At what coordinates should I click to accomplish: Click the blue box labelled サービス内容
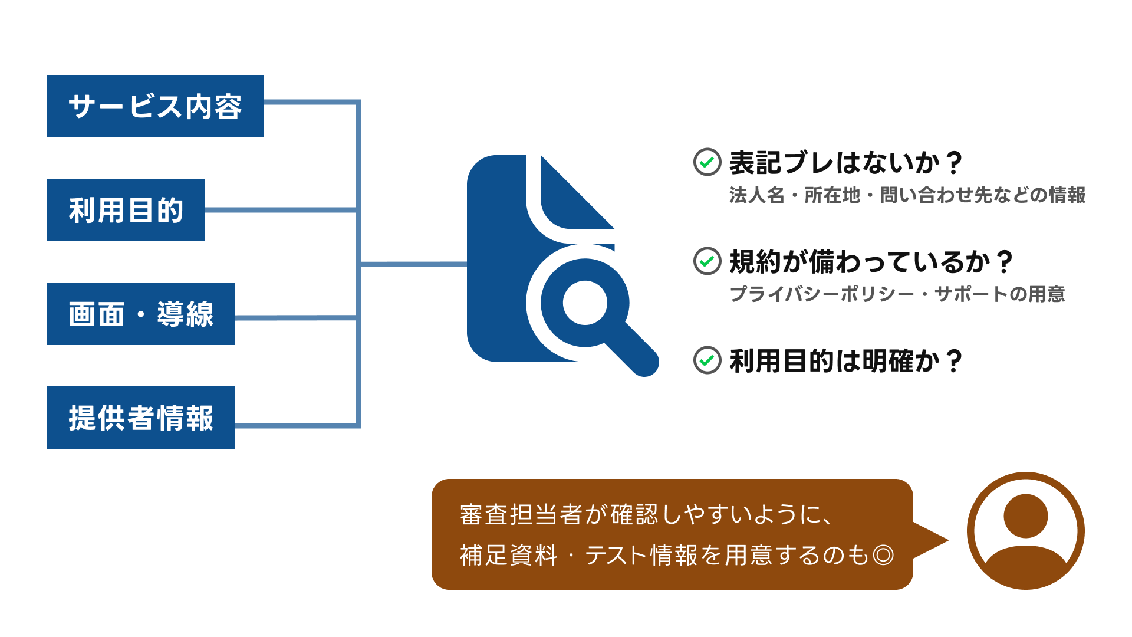pos(155,106)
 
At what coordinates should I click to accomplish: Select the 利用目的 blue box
pos(126,210)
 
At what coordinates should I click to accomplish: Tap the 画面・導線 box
pos(141,314)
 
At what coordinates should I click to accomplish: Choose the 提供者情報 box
pos(141,418)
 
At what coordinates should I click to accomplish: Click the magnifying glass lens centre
pos(585,303)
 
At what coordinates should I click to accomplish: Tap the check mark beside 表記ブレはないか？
pos(707,162)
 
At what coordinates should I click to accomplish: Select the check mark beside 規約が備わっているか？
pos(707,261)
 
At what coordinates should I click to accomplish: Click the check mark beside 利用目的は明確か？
pos(707,360)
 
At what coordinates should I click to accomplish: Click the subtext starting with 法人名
pos(907,195)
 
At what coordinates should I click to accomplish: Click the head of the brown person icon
pos(1026,516)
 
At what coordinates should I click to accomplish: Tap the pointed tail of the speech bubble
pos(946,540)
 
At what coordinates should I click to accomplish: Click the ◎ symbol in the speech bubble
pos(883,555)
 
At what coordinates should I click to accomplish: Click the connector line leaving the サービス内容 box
pos(311,103)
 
